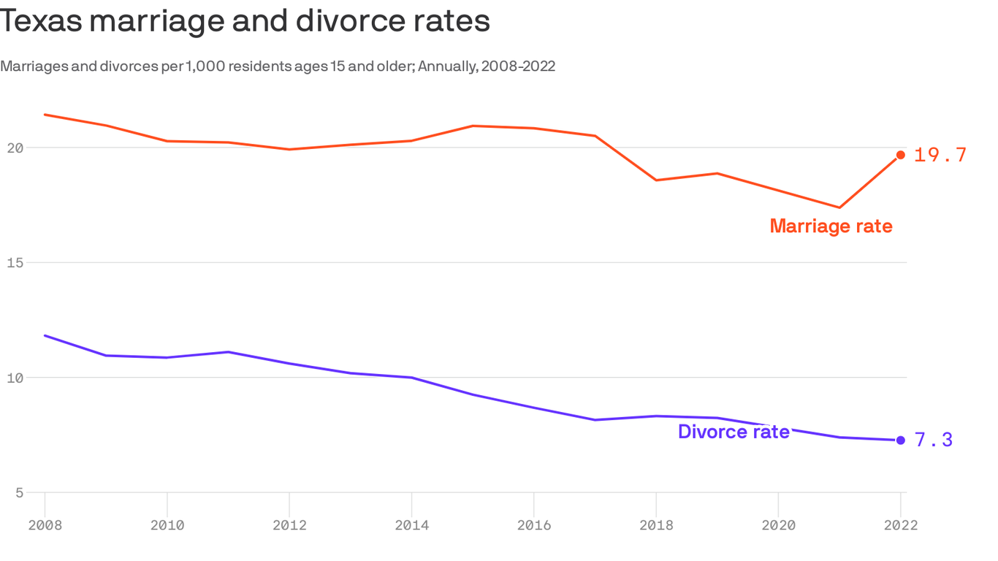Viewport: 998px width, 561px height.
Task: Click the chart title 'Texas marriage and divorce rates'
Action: tap(245, 21)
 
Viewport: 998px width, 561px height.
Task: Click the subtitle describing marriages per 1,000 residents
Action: tap(278, 66)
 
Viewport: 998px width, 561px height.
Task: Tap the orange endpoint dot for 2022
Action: tap(900, 155)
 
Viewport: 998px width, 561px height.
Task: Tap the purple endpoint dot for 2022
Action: tap(900, 440)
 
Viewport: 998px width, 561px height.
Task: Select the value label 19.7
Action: tap(940, 155)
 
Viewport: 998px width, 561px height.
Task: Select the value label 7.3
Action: tap(934, 440)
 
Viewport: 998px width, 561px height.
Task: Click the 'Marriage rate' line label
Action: tap(831, 226)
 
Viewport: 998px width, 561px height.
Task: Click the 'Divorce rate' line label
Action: tap(734, 432)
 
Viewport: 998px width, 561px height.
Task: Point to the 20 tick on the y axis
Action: tap(15, 148)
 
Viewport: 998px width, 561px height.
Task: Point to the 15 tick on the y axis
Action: tap(15, 262)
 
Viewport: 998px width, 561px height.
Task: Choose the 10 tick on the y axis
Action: tap(15, 378)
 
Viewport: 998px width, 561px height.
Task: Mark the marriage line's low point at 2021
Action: tap(839, 207)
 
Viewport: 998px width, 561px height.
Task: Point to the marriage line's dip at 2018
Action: tap(656, 180)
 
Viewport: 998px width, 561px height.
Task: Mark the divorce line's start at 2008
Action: tap(45, 335)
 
